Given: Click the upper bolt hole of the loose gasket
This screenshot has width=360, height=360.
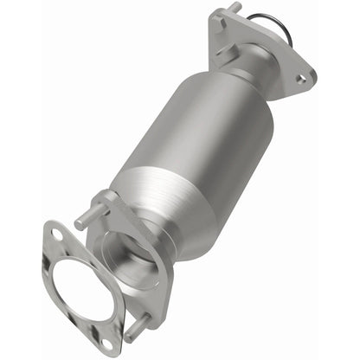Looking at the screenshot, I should point(56,235).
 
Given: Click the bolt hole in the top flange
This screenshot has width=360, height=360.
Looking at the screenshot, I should point(300,79).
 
